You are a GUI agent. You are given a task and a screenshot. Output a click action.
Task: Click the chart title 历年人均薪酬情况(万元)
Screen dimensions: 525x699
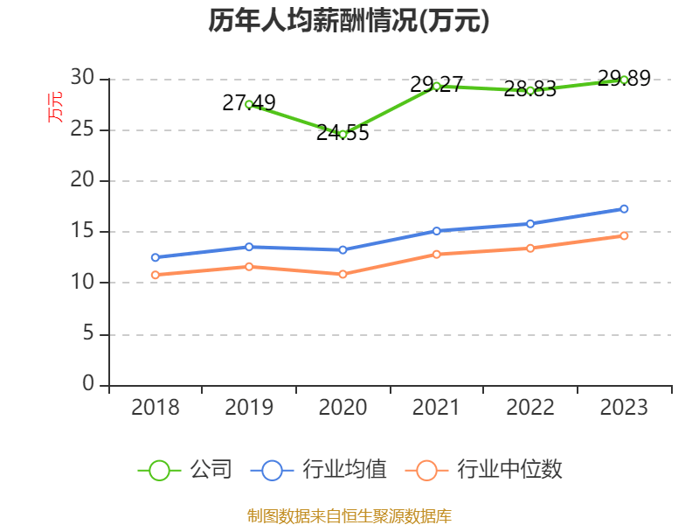349,21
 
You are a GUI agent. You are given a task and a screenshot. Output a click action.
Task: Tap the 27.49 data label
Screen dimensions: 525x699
249,103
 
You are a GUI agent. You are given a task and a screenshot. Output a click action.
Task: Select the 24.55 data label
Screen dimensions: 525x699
343,133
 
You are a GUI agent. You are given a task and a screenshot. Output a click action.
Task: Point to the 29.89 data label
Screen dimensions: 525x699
624,79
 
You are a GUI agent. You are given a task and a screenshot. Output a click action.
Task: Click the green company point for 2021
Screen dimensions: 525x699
436,86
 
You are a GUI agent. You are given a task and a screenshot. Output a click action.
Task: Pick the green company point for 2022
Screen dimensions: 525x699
530,90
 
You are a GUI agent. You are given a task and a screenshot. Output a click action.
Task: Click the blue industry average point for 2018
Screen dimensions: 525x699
156,257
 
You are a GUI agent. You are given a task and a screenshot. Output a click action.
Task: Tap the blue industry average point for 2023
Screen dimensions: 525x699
624,208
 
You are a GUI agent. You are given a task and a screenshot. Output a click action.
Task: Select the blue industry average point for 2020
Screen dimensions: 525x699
343,249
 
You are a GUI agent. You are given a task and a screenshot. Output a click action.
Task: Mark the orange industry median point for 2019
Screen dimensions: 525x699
249,266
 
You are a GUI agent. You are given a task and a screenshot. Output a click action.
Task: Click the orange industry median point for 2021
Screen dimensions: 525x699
436,254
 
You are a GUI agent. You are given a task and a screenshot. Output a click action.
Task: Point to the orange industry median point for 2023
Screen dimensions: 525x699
624,235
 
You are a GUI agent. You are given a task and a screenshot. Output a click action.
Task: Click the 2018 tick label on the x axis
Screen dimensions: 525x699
156,408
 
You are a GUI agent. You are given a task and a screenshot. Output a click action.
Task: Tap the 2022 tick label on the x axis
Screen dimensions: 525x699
530,408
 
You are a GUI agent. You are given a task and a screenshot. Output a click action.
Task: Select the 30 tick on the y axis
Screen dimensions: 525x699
83,79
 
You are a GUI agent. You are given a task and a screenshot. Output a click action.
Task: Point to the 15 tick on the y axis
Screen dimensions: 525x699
83,232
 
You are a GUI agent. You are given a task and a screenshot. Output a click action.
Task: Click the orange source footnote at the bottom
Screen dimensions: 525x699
349,515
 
